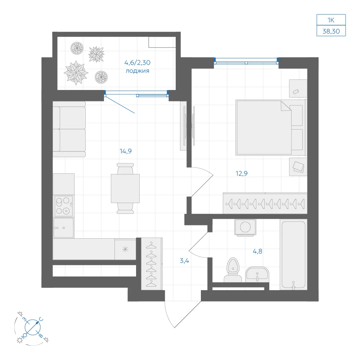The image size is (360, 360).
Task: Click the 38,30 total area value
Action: [x=331, y=31]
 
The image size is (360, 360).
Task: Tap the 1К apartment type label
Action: [x=331, y=20]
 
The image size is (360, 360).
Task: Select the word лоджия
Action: [x=137, y=71]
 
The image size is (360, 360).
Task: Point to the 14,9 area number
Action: [x=126, y=151]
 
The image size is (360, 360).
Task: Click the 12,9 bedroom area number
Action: [x=242, y=174]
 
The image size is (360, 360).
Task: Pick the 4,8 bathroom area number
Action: [x=257, y=251]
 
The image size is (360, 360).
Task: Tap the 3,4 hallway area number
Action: [x=184, y=261]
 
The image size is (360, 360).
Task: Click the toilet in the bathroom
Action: [x=233, y=270]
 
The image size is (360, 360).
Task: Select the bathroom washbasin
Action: [x=257, y=274]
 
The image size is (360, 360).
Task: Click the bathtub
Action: [x=293, y=255]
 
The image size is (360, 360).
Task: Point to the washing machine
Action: [x=245, y=227]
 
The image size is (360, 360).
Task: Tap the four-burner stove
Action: [x=64, y=206]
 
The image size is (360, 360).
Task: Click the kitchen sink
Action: [x=63, y=228]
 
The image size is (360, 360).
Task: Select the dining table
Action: [x=125, y=189]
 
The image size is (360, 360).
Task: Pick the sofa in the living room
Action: [x=69, y=129]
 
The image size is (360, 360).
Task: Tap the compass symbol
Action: [x=33, y=327]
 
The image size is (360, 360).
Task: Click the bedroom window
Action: [x=246, y=62]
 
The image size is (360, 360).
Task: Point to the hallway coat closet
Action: [x=152, y=264]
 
